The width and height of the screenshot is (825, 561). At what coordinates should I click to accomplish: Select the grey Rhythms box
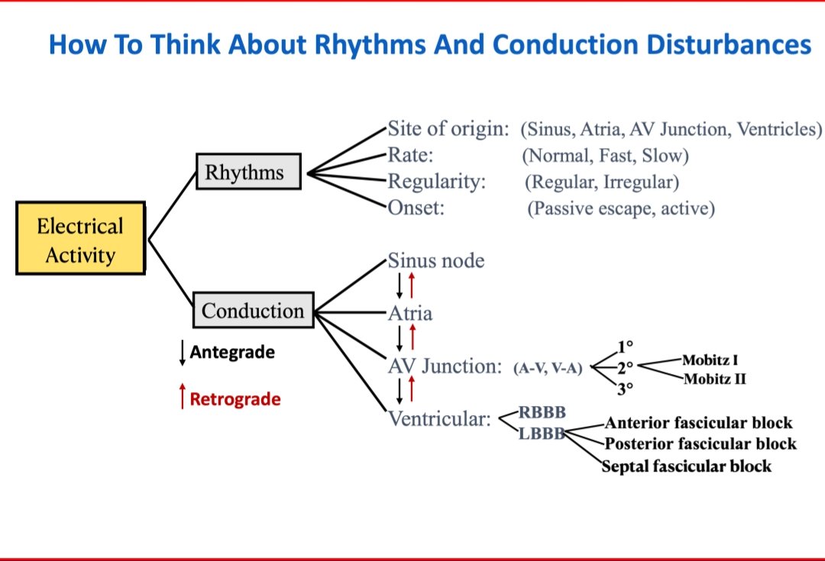click(x=248, y=172)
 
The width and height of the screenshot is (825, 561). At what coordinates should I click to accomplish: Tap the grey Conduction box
click(x=253, y=311)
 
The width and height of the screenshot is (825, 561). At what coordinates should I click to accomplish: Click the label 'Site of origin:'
click(x=448, y=128)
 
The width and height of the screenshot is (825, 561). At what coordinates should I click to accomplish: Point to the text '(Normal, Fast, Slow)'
click(x=605, y=156)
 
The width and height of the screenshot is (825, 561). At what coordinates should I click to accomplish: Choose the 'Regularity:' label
click(x=437, y=182)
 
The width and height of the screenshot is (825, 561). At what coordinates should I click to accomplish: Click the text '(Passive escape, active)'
click(x=621, y=208)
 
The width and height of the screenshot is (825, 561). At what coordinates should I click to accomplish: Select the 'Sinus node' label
click(x=436, y=261)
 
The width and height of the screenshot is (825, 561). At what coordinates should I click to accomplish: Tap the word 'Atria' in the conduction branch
click(x=410, y=313)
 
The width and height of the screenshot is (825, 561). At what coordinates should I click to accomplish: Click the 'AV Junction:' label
click(x=445, y=366)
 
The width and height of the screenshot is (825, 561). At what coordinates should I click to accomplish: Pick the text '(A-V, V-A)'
click(x=548, y=369)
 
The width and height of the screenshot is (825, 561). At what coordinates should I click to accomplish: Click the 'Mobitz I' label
click(x=710, y=359)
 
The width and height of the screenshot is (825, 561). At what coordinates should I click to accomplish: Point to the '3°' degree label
click(x=625, y=389)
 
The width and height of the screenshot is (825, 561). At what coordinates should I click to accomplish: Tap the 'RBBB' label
click(x=542, y=413)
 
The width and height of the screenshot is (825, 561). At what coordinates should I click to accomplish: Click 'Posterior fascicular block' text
click(x=700, y=443)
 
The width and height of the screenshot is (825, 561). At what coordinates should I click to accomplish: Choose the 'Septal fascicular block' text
click(x=686, y=466)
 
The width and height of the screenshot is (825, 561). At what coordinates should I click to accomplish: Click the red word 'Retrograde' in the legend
click(x=235, y=399)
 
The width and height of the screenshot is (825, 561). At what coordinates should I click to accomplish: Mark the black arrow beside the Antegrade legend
click(x=182, y=352)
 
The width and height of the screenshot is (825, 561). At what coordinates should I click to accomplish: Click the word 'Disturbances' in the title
click(x=729, y=45)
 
